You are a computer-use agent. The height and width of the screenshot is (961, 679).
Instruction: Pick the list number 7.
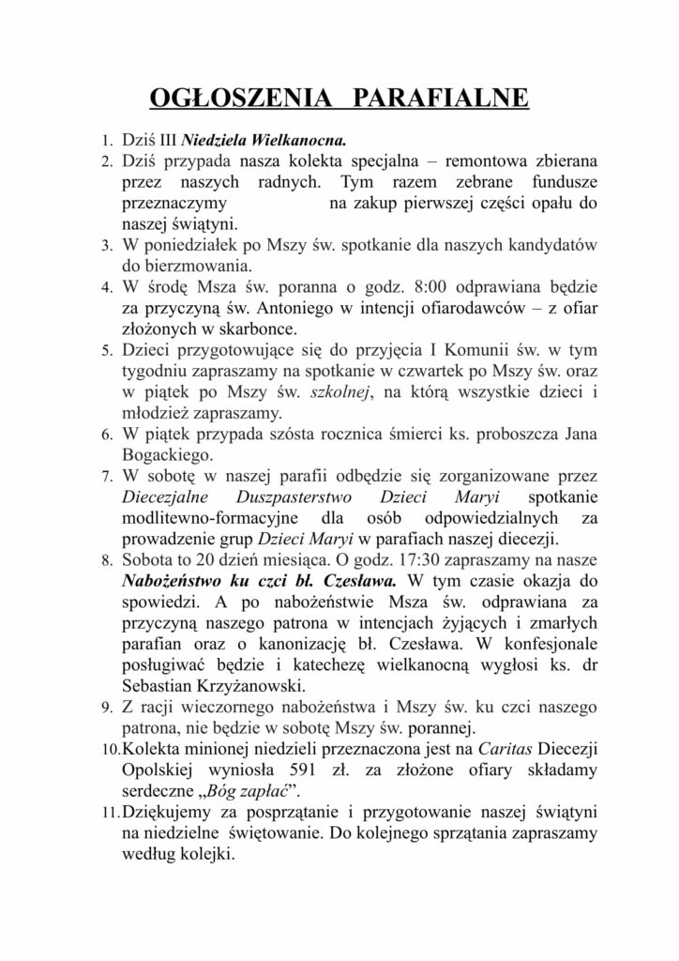click(x=106, y=477)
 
